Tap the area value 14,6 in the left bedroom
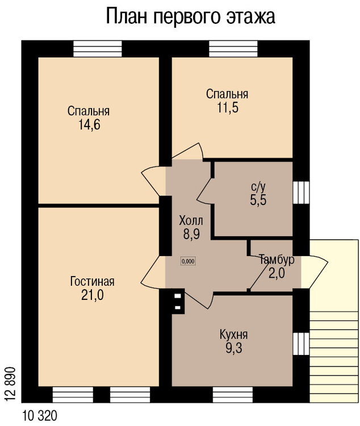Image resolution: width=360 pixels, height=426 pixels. pyautogui.click(x=90, y=125)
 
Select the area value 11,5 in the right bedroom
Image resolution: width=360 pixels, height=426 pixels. pyautogui.click(x=227, y=108)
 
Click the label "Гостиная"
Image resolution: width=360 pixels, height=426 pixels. pyautogui.click(x=93, y=281)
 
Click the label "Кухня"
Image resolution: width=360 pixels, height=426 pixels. pyautogui.click(x=233, y=334)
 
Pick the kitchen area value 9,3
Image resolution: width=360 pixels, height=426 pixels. pyautogui.click(x=233, y=348)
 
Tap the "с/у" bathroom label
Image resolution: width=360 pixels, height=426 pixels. pyautogui.click(x=258, y=186)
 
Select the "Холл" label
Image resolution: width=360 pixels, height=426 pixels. pyautogui.click(x=190, y=220)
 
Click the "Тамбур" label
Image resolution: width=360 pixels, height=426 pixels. pyautogui.click(x=276, y=260)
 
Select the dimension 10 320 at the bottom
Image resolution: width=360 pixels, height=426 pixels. pyautogui.click(x=41, y=415)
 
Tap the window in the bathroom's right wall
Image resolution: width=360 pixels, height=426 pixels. pyautogui.click(x=300, y=192)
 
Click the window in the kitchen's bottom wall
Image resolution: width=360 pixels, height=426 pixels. pyautogui.click(x=233, y=394)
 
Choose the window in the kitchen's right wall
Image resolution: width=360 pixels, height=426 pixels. pyautogui.click(x=300, y=343)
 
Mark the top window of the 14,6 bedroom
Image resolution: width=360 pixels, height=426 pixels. pyautogui.click(x=97, y=48)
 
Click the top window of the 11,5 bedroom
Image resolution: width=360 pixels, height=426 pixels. pyautogui.click(x=233, y=48)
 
